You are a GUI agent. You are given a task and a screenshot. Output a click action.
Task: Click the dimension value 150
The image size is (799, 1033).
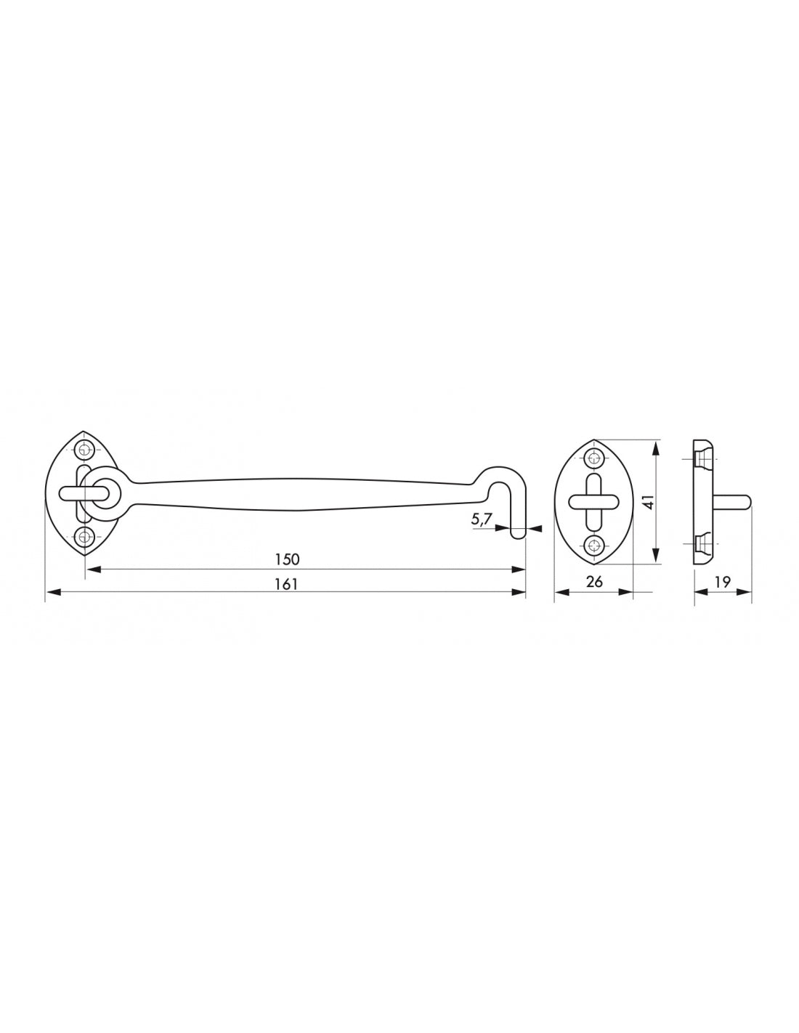(287, 559)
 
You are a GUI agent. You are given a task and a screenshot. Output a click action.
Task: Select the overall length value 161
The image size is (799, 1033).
(287, 583)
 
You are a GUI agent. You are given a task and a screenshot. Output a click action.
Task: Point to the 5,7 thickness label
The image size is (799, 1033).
(482, 519)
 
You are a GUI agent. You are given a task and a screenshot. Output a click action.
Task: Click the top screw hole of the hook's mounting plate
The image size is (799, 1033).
(86, 449)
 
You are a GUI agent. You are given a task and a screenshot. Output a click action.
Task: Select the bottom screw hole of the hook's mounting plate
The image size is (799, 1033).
(86, 537)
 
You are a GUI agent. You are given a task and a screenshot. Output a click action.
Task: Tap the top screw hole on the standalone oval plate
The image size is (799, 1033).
(595, 458)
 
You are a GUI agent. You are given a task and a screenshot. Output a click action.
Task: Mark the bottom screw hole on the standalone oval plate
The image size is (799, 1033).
(595, 546)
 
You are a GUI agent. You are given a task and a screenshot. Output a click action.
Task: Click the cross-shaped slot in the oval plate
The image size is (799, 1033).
(594, 501)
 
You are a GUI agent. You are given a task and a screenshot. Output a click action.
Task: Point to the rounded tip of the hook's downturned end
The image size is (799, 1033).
(518, 535)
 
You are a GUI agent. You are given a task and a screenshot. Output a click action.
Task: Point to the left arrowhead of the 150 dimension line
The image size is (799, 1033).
(92, 570)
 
